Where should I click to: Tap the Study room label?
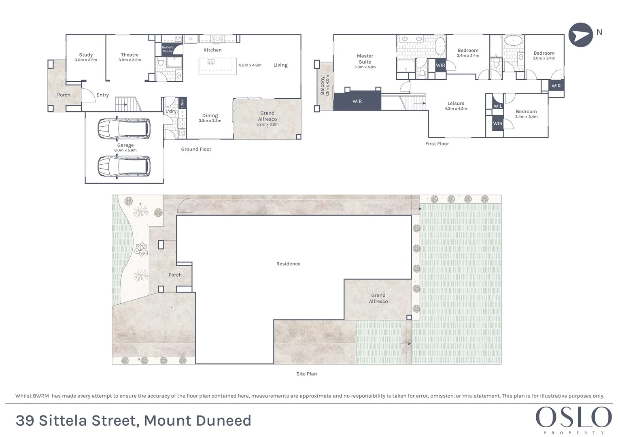coord(86,55)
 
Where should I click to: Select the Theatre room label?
coord(130,55)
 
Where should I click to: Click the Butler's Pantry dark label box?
coord(168,49)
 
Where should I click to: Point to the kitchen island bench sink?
coord(210,62)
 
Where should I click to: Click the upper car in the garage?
coord(124,129)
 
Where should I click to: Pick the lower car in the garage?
coord(124,166)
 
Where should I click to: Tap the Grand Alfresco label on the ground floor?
coord(267,116)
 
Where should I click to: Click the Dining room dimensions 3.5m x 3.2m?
coord(210,121)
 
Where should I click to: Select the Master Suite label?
coord(365,59)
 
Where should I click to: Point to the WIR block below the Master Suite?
coord(357,101)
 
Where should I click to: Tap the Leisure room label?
coord(456,103)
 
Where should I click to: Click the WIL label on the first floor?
coord(498,106)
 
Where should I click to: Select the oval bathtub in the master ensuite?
coord(440,47)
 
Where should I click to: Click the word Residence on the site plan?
coord(288,264)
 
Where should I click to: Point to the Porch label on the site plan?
coord(175,275)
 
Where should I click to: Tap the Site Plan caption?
coord(306,374)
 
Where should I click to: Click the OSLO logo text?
coord(573,418)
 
